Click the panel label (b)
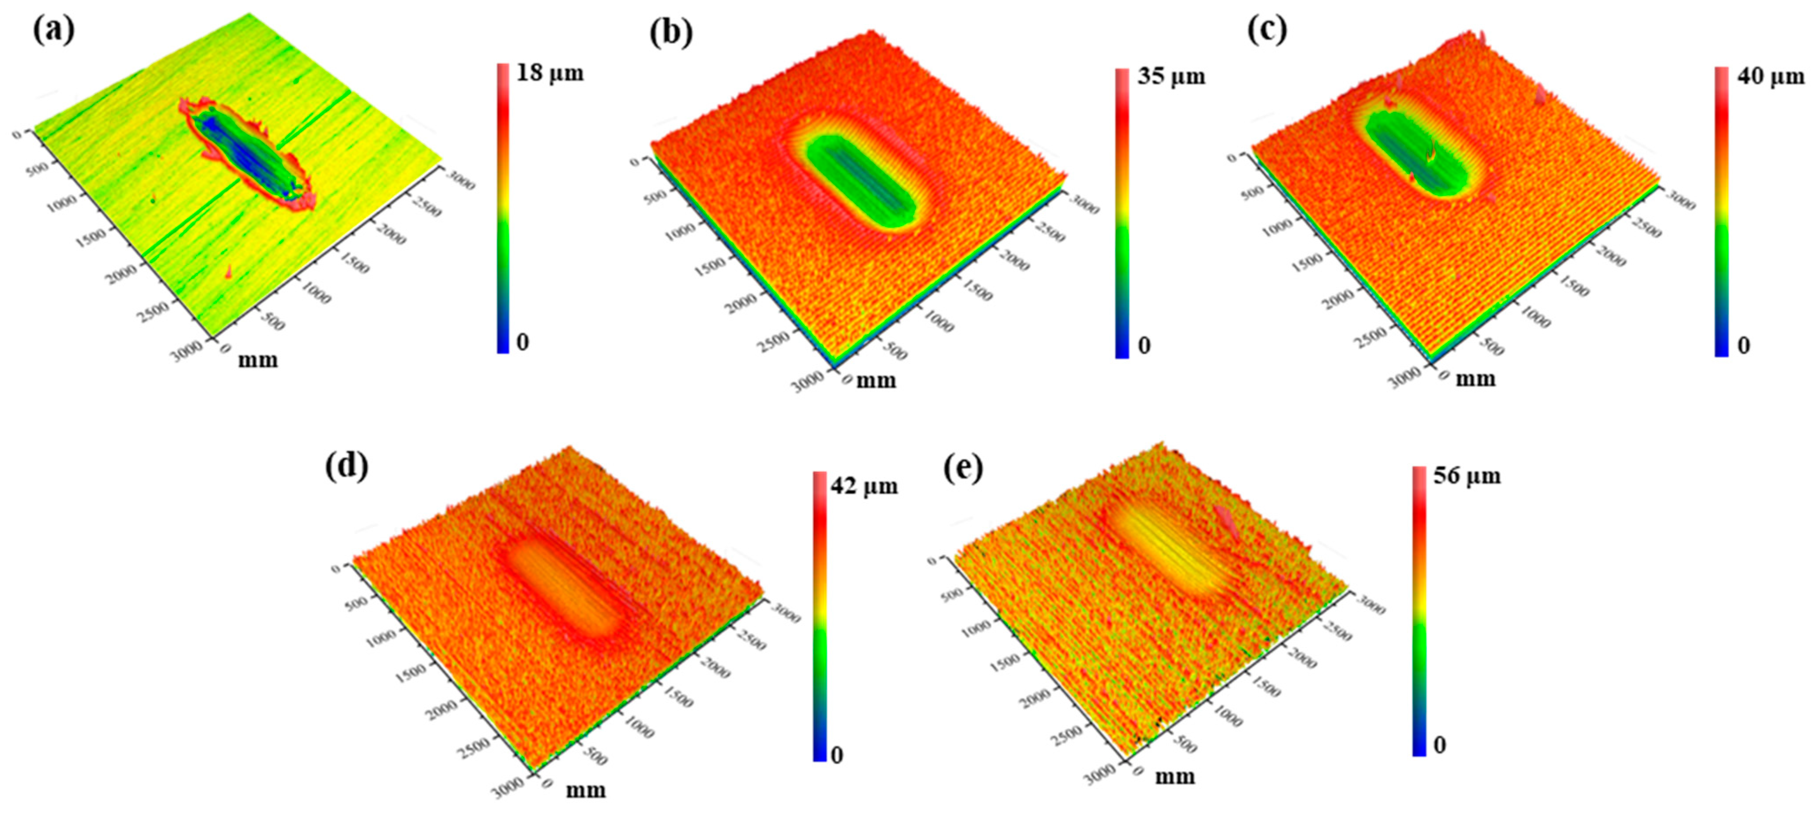[x=670, y=33]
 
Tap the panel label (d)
[x=346, y=466]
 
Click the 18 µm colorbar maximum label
[x=550, y=73]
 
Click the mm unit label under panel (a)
[x=258, y=360]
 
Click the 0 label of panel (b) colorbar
[x=1144, y=346]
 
